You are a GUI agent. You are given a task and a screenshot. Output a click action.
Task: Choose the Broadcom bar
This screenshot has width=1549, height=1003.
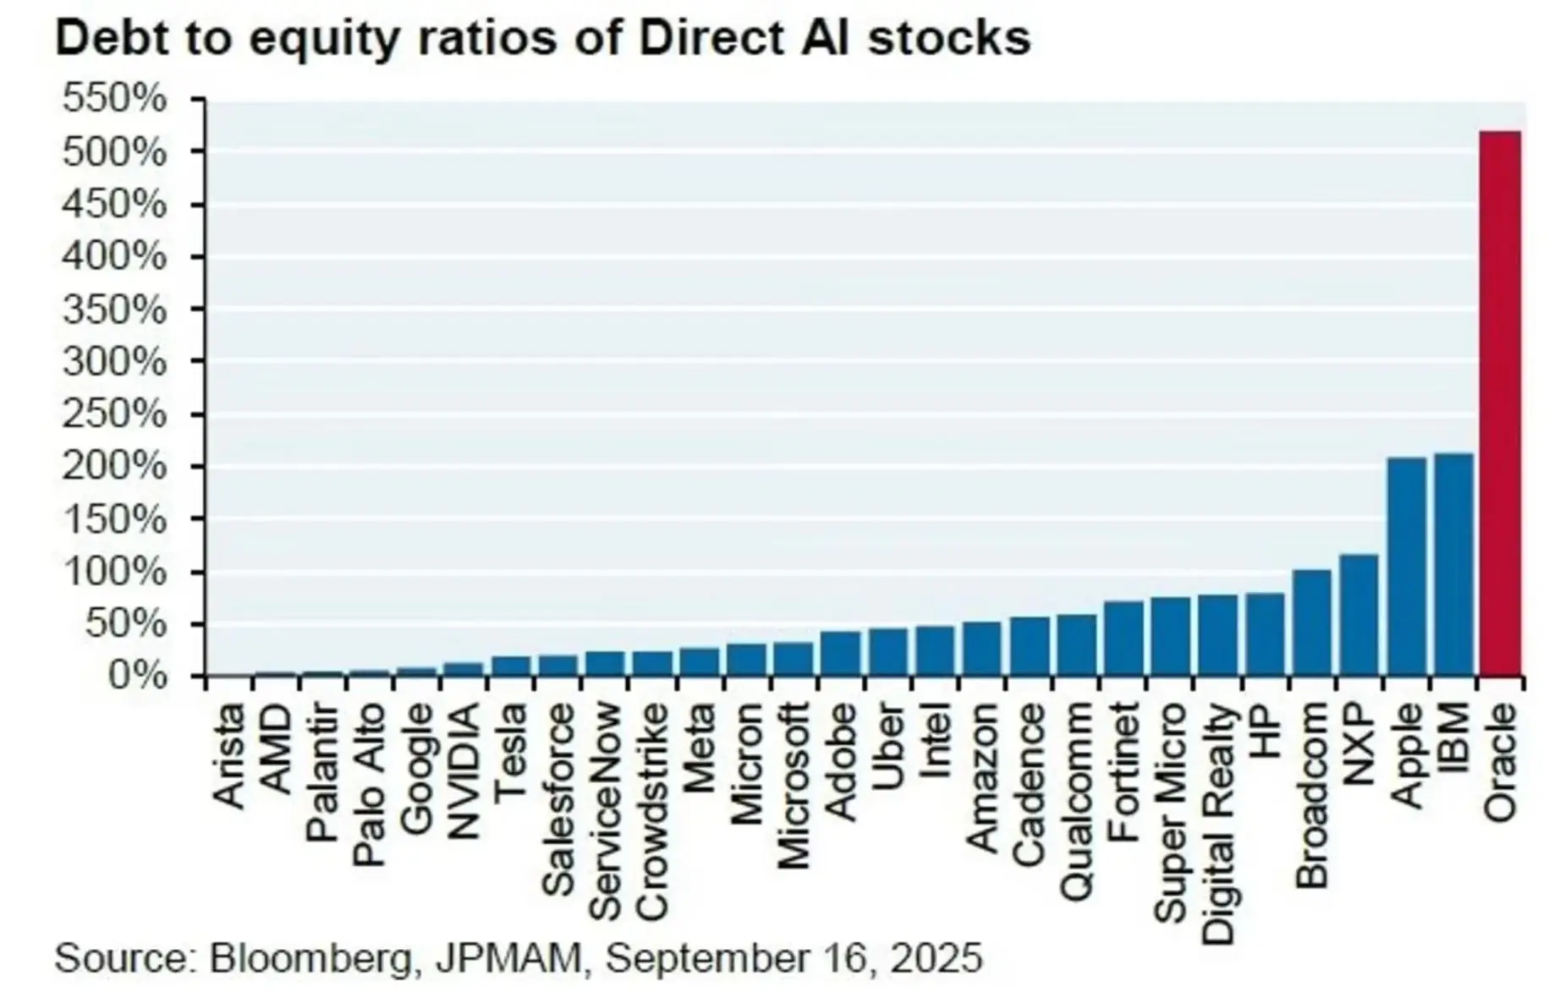[x=1311, y=623]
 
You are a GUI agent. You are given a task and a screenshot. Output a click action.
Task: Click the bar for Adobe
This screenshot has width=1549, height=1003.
[x=840, y=654]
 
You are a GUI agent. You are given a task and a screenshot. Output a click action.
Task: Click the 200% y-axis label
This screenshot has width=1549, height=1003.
[x=114, y=467]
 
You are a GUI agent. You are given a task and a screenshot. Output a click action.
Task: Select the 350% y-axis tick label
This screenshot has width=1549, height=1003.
[x=114, y=310]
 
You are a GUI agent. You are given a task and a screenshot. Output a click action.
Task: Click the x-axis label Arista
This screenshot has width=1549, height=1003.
[x=229, y=757]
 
